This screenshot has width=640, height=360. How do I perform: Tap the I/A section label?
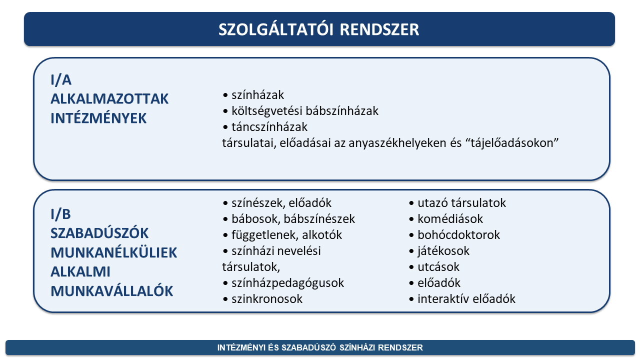pyautogui.click(x=61, y=79)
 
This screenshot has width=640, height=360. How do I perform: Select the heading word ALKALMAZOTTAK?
pyautogui.click(x=109, y=99)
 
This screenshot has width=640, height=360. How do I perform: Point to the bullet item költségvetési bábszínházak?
pyautogui.click(x=305, y=111)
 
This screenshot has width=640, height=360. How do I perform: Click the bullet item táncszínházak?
pyautogui.click(x=269, y=127)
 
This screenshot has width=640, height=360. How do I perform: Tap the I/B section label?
pyautogui.click(x=60, y=214)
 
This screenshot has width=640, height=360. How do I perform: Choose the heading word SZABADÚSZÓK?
pyautogui.click(x=99, y=233)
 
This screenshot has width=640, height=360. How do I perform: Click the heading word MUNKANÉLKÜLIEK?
pyautogui.click(x=113, y=252)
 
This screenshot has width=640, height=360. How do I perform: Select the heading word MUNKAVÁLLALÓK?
pyautogui.click(x=111, y=291)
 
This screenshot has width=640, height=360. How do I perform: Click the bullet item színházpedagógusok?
pyautogui.click(x=287, y=283)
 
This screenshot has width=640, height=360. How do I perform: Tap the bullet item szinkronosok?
pyautogui.click(x=267, y=299)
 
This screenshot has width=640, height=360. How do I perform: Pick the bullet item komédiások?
pyautogui.click(x=450, y=219)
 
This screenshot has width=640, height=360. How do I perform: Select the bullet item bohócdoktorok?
pyautogui.click(x=459, y=235)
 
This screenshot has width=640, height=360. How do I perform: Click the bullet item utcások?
pyautogui.click(x=438, y=267)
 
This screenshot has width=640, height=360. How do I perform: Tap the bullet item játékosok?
pyautogui.click(x=443, y=251)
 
